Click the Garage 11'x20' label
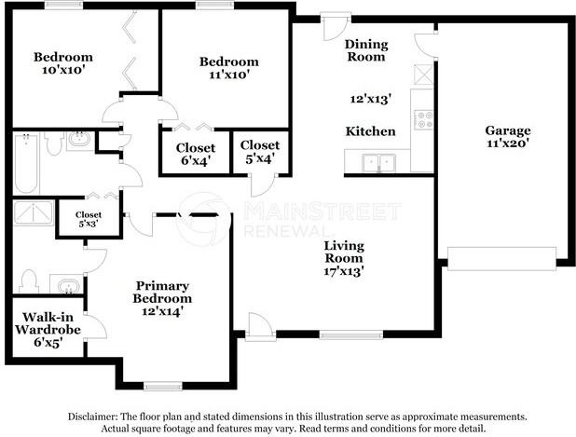point(508,136)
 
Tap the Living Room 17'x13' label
point(344,258)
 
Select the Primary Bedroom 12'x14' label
point(162,298)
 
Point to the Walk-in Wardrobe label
point(48,323)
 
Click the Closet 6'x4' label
point(196,155)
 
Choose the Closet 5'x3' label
point(89,219)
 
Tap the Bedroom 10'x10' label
point(63,63)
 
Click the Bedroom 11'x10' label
point(229,68)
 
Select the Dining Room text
point(366,50)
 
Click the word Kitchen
point(370,131)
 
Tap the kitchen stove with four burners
point(423,119)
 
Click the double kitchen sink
point(378,163)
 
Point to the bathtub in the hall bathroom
point(26,163)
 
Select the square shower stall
point(34,213)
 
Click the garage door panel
point(501,259)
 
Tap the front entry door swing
point(261,325)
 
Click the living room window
point(351,335)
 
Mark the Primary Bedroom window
point(163,386)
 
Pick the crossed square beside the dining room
point(423,75)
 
